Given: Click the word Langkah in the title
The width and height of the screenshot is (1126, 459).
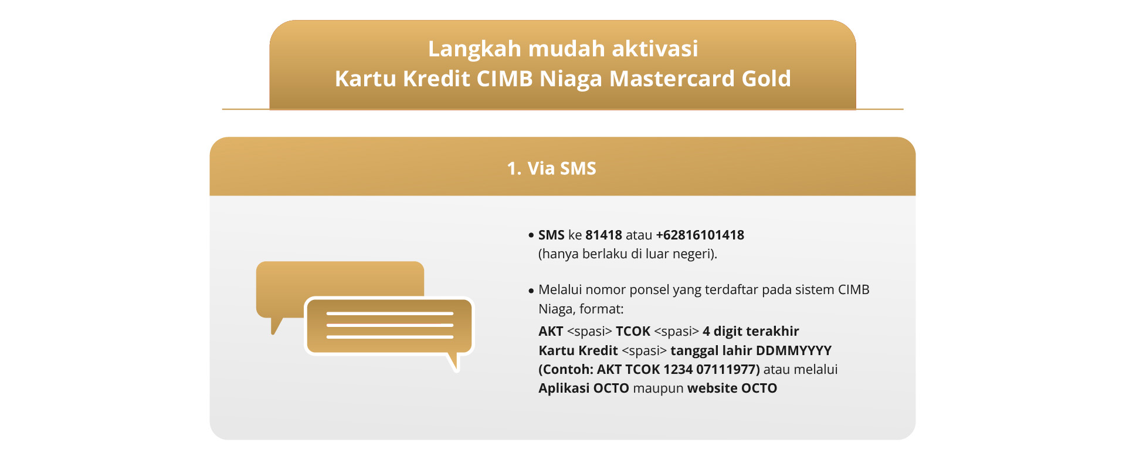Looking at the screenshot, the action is [474, 49].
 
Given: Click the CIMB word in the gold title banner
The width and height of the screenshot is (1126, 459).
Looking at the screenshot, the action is [504, 78].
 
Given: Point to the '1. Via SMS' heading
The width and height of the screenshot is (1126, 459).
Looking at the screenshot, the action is [551, 168].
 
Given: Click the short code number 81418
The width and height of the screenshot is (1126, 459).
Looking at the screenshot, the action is [603, 235].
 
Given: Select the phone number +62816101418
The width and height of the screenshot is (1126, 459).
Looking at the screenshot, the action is [700, 235].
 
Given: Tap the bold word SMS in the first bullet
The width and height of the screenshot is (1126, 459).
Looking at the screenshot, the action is [551, 235].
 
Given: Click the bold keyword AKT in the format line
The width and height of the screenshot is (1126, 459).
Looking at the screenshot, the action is [551, 331].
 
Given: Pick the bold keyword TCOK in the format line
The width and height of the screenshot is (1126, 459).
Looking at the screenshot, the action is [633, 331].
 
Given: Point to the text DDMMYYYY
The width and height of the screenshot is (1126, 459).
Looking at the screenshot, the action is [793, 350].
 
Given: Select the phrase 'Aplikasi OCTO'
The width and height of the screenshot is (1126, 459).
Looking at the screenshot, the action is [584, 388].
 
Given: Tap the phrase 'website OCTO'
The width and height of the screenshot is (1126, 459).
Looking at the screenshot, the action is [732, 388].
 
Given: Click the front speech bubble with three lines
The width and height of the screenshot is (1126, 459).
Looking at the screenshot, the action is [389, 326].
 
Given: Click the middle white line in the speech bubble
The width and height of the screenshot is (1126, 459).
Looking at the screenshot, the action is [389, 325].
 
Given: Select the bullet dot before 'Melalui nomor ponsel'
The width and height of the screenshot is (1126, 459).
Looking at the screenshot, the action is [531, 291].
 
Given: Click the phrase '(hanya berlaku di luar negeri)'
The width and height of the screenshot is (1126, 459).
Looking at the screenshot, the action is [628, 254].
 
